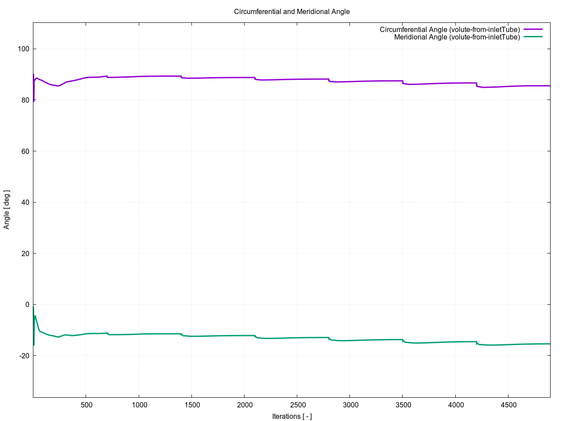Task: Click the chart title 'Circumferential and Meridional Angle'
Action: coord(292,12)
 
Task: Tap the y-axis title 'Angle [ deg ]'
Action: coord(7,210)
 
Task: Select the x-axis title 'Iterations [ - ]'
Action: coord(292,416)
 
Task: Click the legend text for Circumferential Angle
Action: coord(450,30)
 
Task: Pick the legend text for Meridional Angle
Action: coord(457,37)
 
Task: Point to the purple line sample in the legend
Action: coord(533,29)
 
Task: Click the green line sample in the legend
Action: coord(533,37)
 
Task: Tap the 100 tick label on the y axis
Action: coord(24,49)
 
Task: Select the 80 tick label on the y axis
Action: coord(25,100)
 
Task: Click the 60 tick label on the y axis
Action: coord(25,151)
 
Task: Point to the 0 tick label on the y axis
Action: coord(28,305)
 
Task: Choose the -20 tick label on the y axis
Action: coord(24,356)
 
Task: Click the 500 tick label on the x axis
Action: coord(86,405)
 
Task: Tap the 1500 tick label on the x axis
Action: coord(192,405)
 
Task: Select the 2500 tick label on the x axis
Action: coord(297,405)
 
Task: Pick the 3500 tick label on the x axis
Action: coord(403,405)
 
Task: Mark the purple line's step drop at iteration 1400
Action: coord(181,77)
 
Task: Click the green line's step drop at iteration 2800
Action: coord(329,339)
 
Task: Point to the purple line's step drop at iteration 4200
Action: coord(476,85)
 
